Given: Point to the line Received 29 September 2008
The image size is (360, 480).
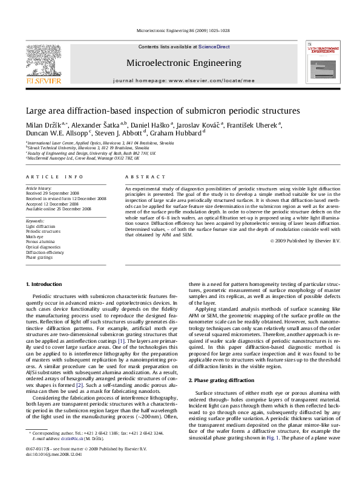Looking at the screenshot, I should (x=50, y=193).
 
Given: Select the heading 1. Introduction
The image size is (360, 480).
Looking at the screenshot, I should (x=45, y=284).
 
